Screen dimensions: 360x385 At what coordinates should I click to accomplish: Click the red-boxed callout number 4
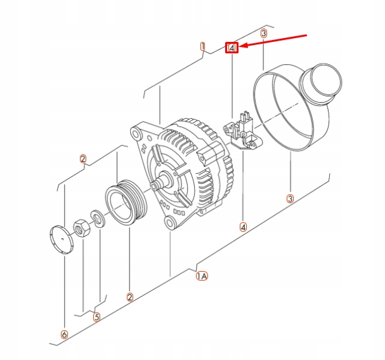(233, 48)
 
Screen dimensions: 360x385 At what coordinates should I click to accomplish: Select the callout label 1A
(202, 276)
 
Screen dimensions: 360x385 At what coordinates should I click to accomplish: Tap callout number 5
(96, 317)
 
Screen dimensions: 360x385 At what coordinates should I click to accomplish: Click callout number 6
(64, 334)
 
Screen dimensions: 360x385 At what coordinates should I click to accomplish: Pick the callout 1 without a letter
(202, 46)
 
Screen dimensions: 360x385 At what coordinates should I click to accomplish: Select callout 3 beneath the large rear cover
(290, 199)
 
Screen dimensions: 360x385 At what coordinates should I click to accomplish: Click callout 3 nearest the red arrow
(264, 33)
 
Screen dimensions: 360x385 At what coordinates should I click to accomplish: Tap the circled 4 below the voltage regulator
(243, 226)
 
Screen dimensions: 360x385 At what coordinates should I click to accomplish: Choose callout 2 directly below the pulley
(129, 297)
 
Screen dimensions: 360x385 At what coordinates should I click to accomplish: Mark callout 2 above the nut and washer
(83, 159)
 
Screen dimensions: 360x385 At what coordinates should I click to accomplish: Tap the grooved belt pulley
(126, 203)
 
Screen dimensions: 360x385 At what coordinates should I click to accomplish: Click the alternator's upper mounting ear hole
(136, 134)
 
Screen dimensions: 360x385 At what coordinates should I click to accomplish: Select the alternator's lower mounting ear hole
(169, 223)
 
